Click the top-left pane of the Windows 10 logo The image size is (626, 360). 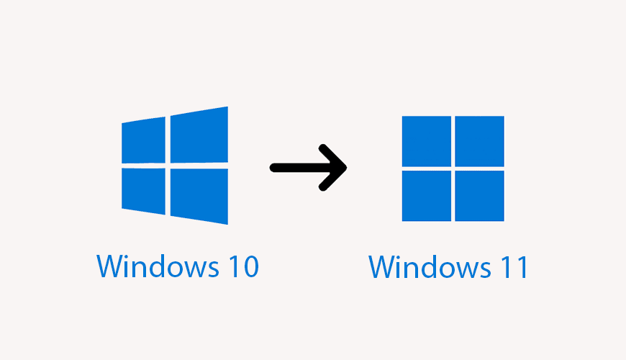tap(144, 140)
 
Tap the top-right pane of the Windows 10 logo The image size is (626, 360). tap(199, 135)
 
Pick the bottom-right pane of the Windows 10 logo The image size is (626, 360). tap(199, 196)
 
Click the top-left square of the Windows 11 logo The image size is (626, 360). tap(426, 141)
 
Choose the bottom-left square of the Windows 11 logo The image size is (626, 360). tap(426, 195)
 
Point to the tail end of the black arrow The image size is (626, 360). tap(274, 168)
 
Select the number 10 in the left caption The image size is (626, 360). tap(237, 267)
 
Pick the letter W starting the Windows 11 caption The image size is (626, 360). tap(381, 267)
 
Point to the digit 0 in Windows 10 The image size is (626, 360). tap(247, 267)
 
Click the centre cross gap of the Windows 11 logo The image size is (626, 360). tap(453, 168)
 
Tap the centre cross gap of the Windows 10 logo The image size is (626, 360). tap(168, 165)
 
